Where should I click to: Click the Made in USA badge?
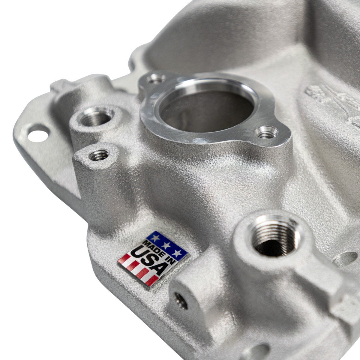[152, 258]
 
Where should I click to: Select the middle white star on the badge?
[166, 246]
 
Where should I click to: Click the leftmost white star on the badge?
[155, 238]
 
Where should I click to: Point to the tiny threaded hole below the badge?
[181, 300]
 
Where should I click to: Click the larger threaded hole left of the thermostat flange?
[95, 118]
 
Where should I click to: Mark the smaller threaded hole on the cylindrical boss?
[99, 155]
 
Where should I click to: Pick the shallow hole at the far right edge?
[346, 259]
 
